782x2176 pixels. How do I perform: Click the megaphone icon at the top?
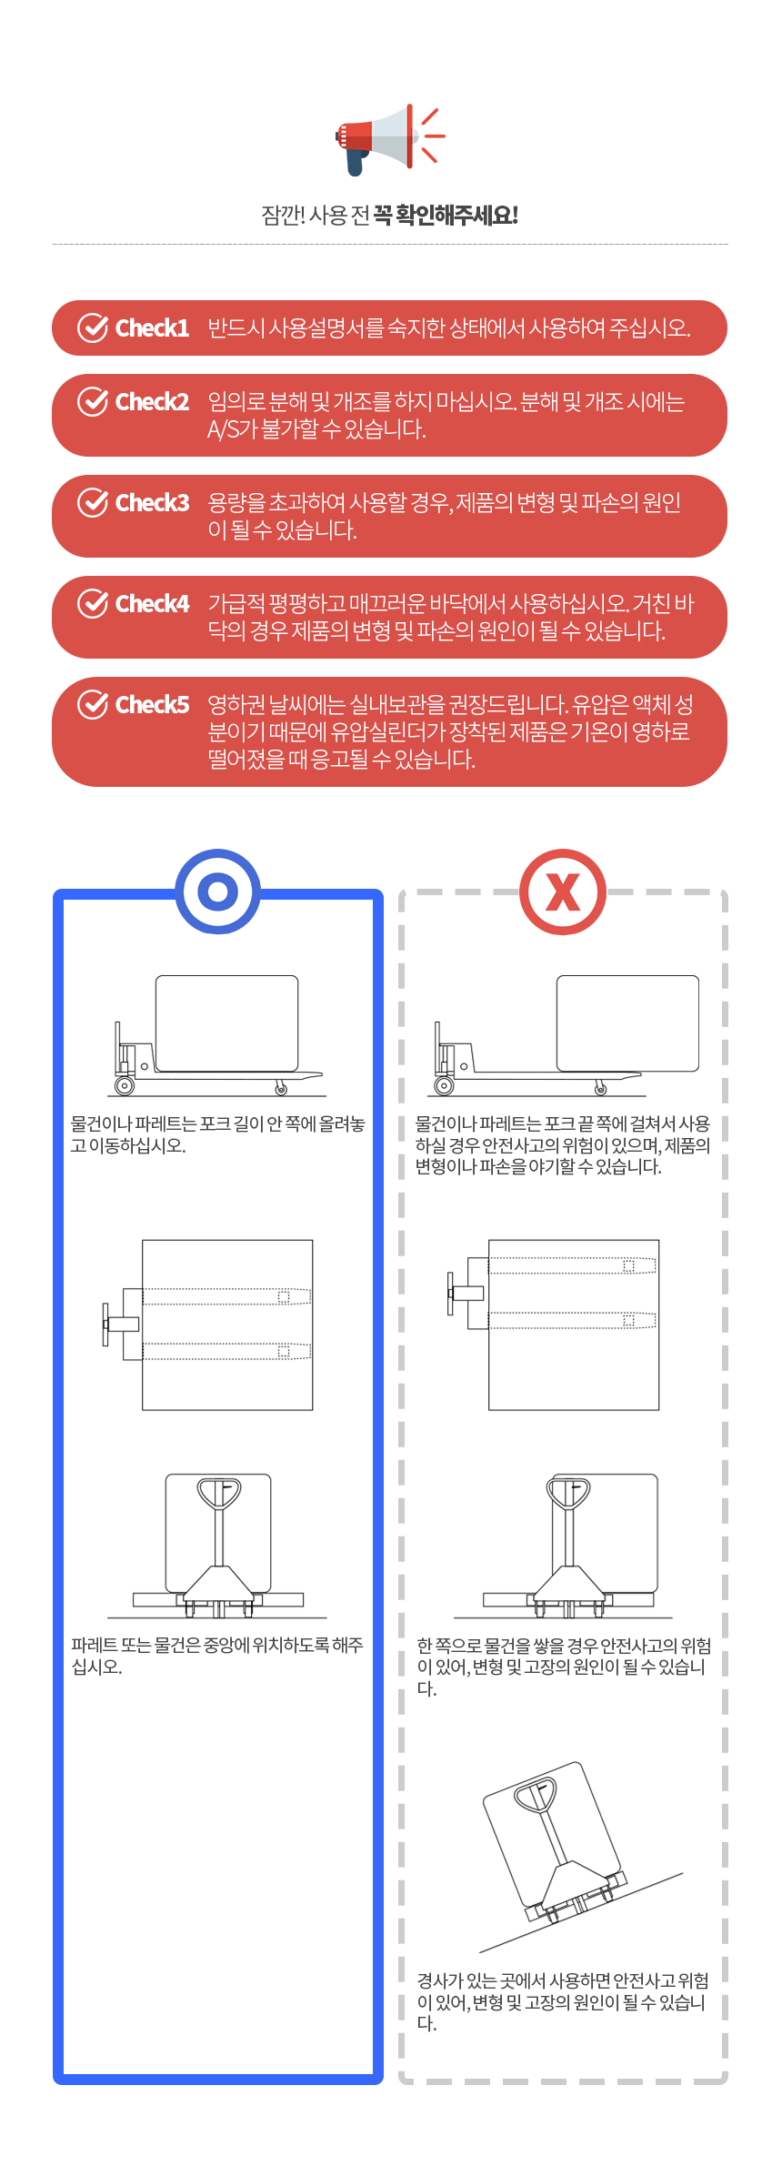pos(389,138)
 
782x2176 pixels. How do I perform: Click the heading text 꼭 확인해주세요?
pos(446,216)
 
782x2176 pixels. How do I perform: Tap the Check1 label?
pos(152,327)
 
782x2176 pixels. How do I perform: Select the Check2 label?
pos(152,401)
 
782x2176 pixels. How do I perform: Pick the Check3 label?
pos(152,502)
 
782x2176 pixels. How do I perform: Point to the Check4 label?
pos(152,603)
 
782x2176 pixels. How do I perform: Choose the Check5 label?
pos(152,704)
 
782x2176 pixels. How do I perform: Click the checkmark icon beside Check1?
pos(93,327)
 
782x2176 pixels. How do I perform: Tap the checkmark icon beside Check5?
pos(93,704)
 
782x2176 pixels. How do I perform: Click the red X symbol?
pos(563,892)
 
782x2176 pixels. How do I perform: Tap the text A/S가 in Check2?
pos(232,429)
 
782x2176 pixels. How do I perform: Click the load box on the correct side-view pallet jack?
pos(226,1023)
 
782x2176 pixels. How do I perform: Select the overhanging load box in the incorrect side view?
pos(627,1023)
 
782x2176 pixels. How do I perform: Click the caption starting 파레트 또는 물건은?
pos(217,1656)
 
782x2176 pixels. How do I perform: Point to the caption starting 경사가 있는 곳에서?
pos(562,2001)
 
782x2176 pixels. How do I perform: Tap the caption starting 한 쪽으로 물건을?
pos(564,1667)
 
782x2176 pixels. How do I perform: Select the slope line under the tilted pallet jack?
pos(581,1912)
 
